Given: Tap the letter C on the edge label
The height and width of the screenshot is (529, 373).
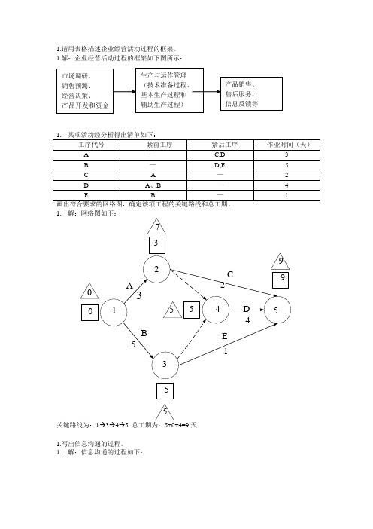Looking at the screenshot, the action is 230,274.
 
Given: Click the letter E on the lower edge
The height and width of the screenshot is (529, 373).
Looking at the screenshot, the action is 225,336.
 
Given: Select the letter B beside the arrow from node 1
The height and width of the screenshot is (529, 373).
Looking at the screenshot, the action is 144,333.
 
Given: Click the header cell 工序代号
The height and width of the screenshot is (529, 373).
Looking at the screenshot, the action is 86,145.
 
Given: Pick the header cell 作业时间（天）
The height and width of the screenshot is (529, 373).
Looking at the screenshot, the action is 287,145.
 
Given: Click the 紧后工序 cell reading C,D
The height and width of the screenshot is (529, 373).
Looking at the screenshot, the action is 220,154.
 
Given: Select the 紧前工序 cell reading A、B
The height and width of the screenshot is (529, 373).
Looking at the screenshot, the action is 153,185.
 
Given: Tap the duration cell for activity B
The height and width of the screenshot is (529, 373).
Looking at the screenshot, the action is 287,165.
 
